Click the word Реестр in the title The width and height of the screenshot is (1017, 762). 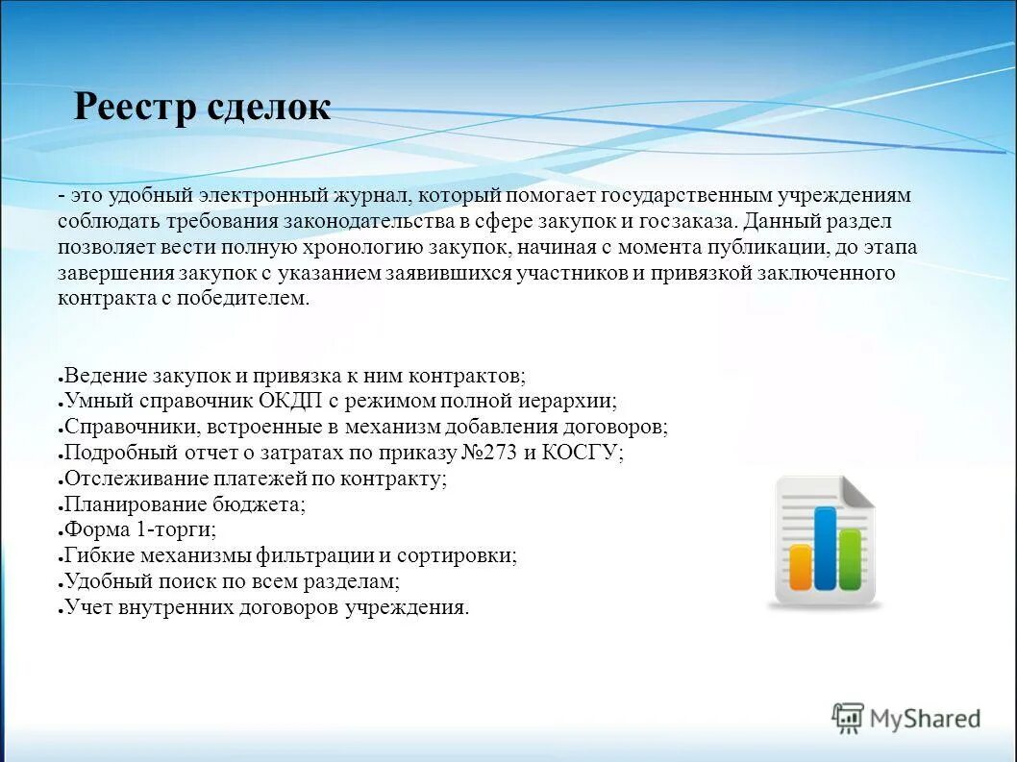(136, 107)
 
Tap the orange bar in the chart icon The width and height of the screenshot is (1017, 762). (801, 567)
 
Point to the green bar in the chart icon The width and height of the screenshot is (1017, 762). (850, 558)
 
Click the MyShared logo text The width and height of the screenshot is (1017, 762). (925, 718)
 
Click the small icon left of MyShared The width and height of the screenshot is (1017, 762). (848, 718)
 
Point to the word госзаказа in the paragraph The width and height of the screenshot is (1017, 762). (694, 221)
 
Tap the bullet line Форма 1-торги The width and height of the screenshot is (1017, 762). (140, 529)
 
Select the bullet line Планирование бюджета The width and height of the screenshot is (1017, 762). (185, 504)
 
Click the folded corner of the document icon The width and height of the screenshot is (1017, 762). (857, 492)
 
